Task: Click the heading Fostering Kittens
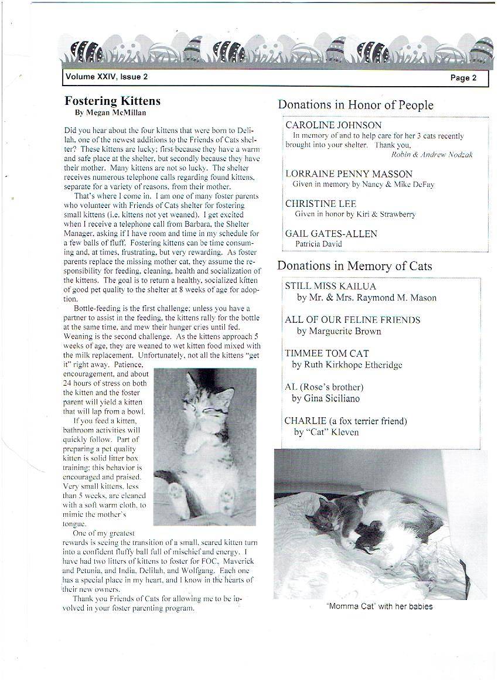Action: pos(112,101)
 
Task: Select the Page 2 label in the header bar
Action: pos(463,78)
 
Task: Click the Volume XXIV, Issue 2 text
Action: pos(107,77)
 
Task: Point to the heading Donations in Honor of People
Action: pos(356,105)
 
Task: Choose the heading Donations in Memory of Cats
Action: pos(354,265)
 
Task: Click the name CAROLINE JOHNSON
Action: pos(333,125)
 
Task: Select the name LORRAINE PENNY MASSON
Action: pos(349,173)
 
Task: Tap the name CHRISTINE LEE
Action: pos(320,203)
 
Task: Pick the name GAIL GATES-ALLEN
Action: pos(331,233)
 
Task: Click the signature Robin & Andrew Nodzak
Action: pos(432,155)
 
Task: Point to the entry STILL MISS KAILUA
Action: pos(330,286)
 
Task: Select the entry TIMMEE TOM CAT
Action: pos(328,353)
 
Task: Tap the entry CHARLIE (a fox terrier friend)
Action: pos(346,421)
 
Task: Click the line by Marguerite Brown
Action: pos(339,331)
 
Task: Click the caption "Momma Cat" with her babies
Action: pos(379,606)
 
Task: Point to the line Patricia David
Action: pos(319,243)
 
